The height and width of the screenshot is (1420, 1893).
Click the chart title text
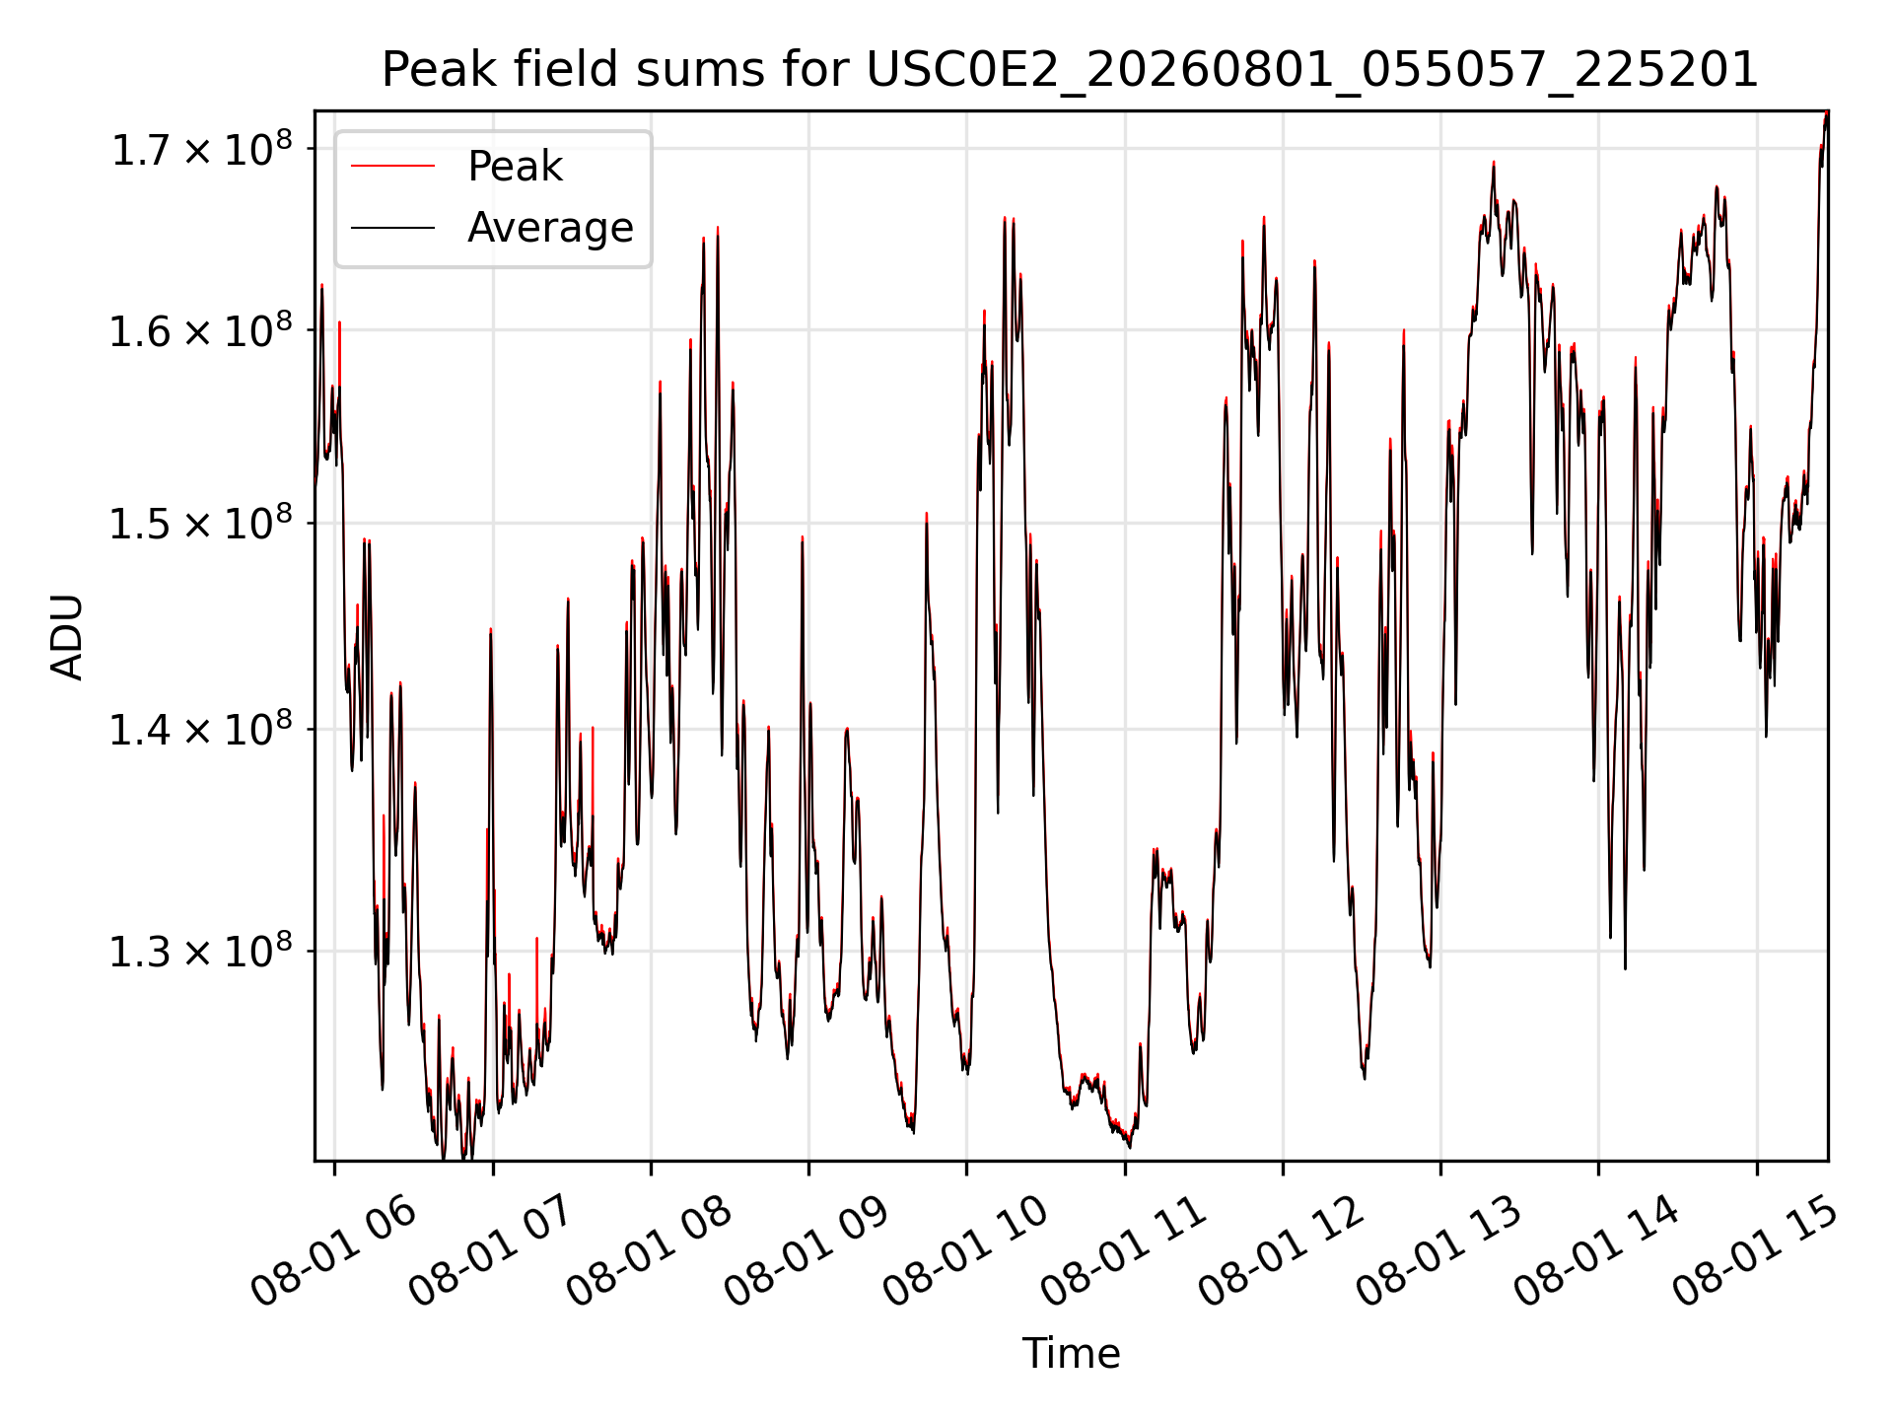(x=1070, y=70)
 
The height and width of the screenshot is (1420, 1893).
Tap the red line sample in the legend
(x=392, y=167)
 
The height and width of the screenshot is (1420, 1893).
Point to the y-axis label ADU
(x=67, y=636)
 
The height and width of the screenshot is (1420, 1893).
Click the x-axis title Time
(x=1071, y=1353)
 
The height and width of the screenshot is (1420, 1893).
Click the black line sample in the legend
(x=392, y=228)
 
